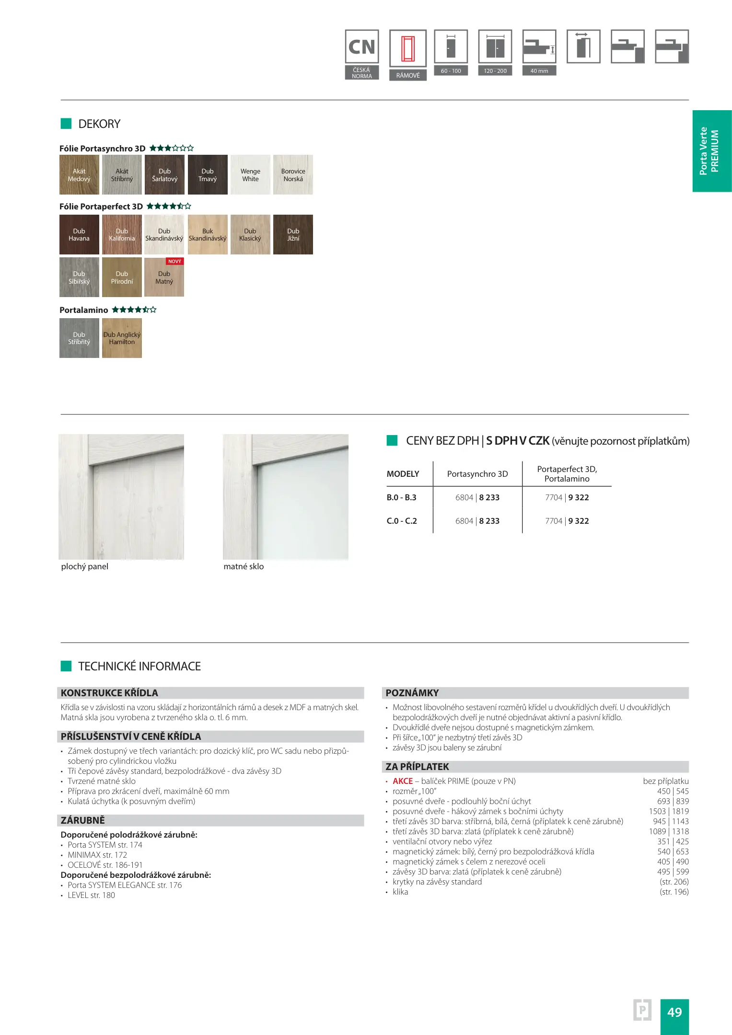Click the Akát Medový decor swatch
coord(79,175)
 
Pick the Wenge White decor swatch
coord(250,175)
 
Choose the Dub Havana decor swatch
coord(79,234)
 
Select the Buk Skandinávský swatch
coord(208,234)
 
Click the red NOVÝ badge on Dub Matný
coord(174,262)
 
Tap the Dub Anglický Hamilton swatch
coord(122,338)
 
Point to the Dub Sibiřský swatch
coord(79,277)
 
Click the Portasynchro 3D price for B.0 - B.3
coord(477,497)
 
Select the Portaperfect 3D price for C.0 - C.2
coord(567,521)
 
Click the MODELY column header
coord(403,474)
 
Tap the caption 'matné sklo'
coord(244,566)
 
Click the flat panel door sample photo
coord(121,496)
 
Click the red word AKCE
coord(403,781)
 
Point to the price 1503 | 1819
coord(669,811)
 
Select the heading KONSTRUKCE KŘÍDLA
coord(109,693)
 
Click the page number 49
coord(674,1012)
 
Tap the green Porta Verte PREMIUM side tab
coord(712,151)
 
